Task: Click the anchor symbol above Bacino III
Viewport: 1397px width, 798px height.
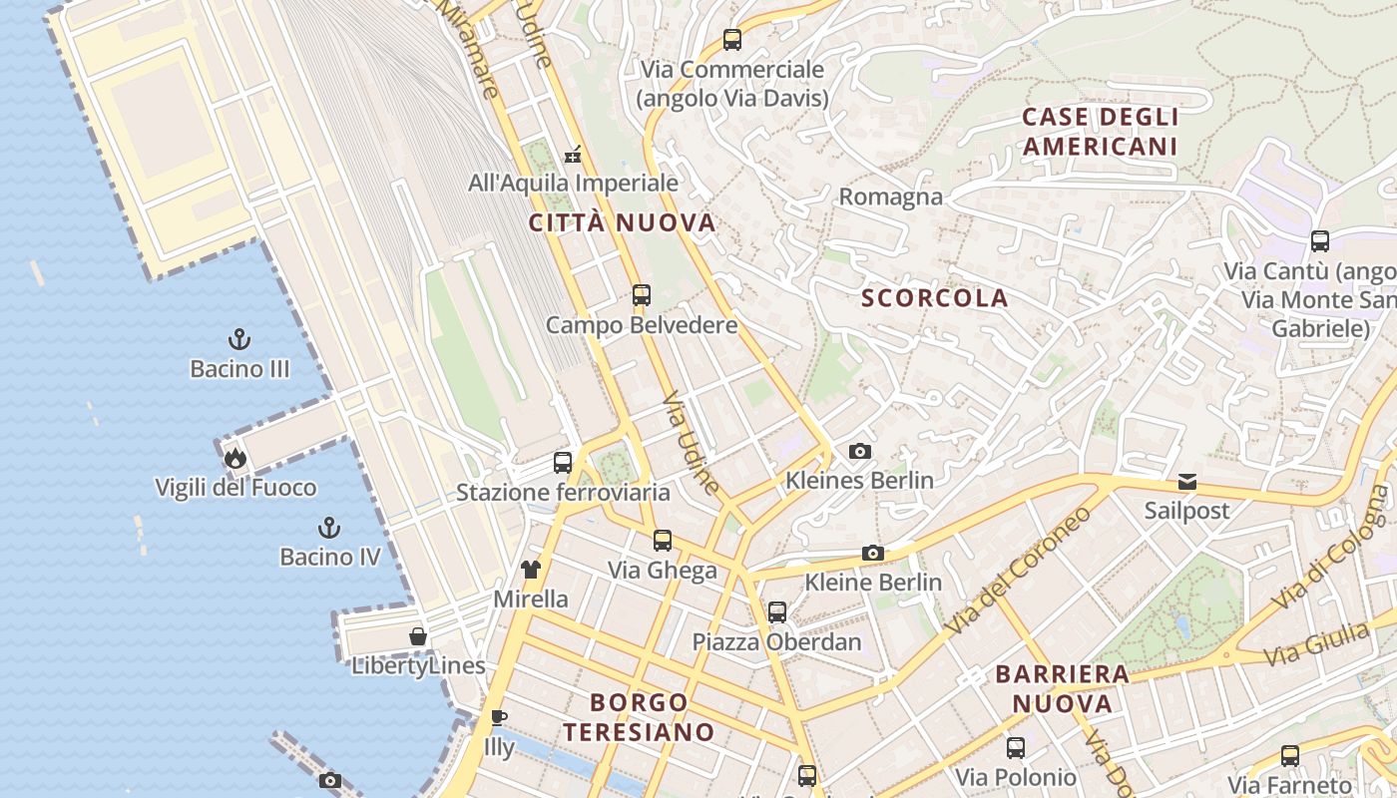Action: click(x=238, y=339)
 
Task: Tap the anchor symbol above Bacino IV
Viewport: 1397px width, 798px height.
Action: click(x=328, y=527)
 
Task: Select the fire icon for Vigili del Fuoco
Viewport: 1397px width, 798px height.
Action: click(x=234, y=458)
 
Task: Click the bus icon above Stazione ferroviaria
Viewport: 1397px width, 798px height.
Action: click(x=563, y=463)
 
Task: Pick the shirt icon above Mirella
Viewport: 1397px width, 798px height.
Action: click(x=530, y=570)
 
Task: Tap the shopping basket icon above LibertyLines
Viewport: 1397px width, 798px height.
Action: click(x=418, y=636)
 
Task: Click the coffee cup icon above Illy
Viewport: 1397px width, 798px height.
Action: click(x=499, y=717)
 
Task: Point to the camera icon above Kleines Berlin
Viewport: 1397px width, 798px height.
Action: click(x=859, y=452)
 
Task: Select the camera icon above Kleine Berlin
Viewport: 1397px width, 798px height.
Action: click(x=873, y=553)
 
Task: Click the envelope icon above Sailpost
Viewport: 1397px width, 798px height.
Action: click(x=1186, y=482)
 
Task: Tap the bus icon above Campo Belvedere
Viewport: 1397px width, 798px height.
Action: click(x=641, y=295)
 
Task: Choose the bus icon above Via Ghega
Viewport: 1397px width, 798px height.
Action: click(x=663, y=541)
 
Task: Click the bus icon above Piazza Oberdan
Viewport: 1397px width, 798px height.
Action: click(x=776, y=611)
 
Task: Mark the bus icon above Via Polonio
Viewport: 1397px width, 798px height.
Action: click(x=1016, y=747)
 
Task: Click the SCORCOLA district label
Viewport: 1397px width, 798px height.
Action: click(x=934, y=298)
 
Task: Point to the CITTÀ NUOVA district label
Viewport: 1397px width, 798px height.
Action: click(x=623, y=222)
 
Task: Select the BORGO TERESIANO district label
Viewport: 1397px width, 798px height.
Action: click(x=639, y=717)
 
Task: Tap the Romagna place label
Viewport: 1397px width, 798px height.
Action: click(x=890, y=197)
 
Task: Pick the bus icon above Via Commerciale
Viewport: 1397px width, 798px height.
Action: click(x=732, y=40)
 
